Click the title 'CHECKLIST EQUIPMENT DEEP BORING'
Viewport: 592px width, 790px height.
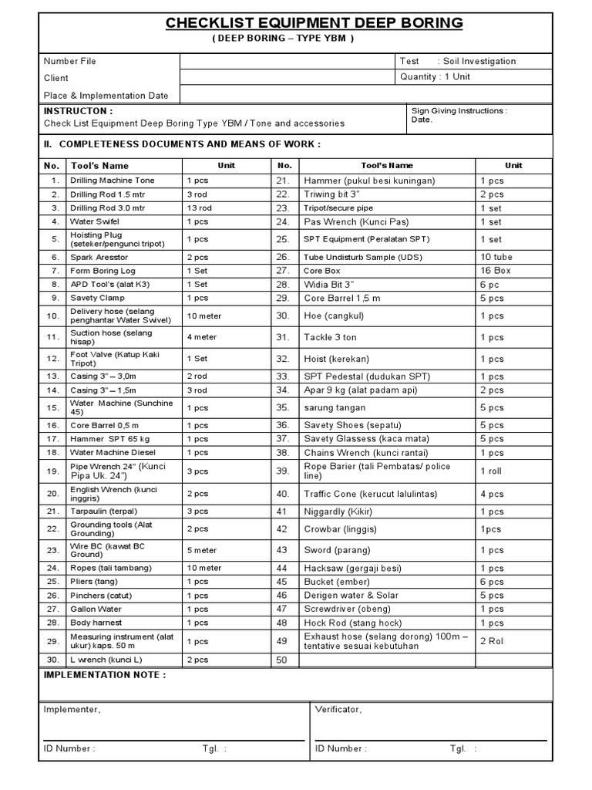(x=314, y=23)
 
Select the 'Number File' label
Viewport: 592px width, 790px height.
(x=70, y=61)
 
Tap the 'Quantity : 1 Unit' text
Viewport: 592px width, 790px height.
(x=435, y=77)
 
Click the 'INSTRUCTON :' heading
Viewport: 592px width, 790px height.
(x=78, y=111)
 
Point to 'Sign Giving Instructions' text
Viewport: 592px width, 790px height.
(x=459, y=111)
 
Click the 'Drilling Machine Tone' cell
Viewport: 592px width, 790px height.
(x=113, y=181)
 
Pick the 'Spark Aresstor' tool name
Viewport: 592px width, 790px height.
(x=99, y=257)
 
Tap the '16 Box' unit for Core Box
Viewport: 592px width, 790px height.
(x=496, y=271)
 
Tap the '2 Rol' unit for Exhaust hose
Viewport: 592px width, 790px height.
(x=492, y=641)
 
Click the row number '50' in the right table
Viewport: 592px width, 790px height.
(x=281, y=660)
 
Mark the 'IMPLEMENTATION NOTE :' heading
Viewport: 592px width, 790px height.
(x=104, y=675)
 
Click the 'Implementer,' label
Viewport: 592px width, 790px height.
(x=72, y=709)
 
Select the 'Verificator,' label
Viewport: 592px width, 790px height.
(x=338, y=709)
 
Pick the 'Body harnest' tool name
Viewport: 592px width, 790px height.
(x=96, y=623)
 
